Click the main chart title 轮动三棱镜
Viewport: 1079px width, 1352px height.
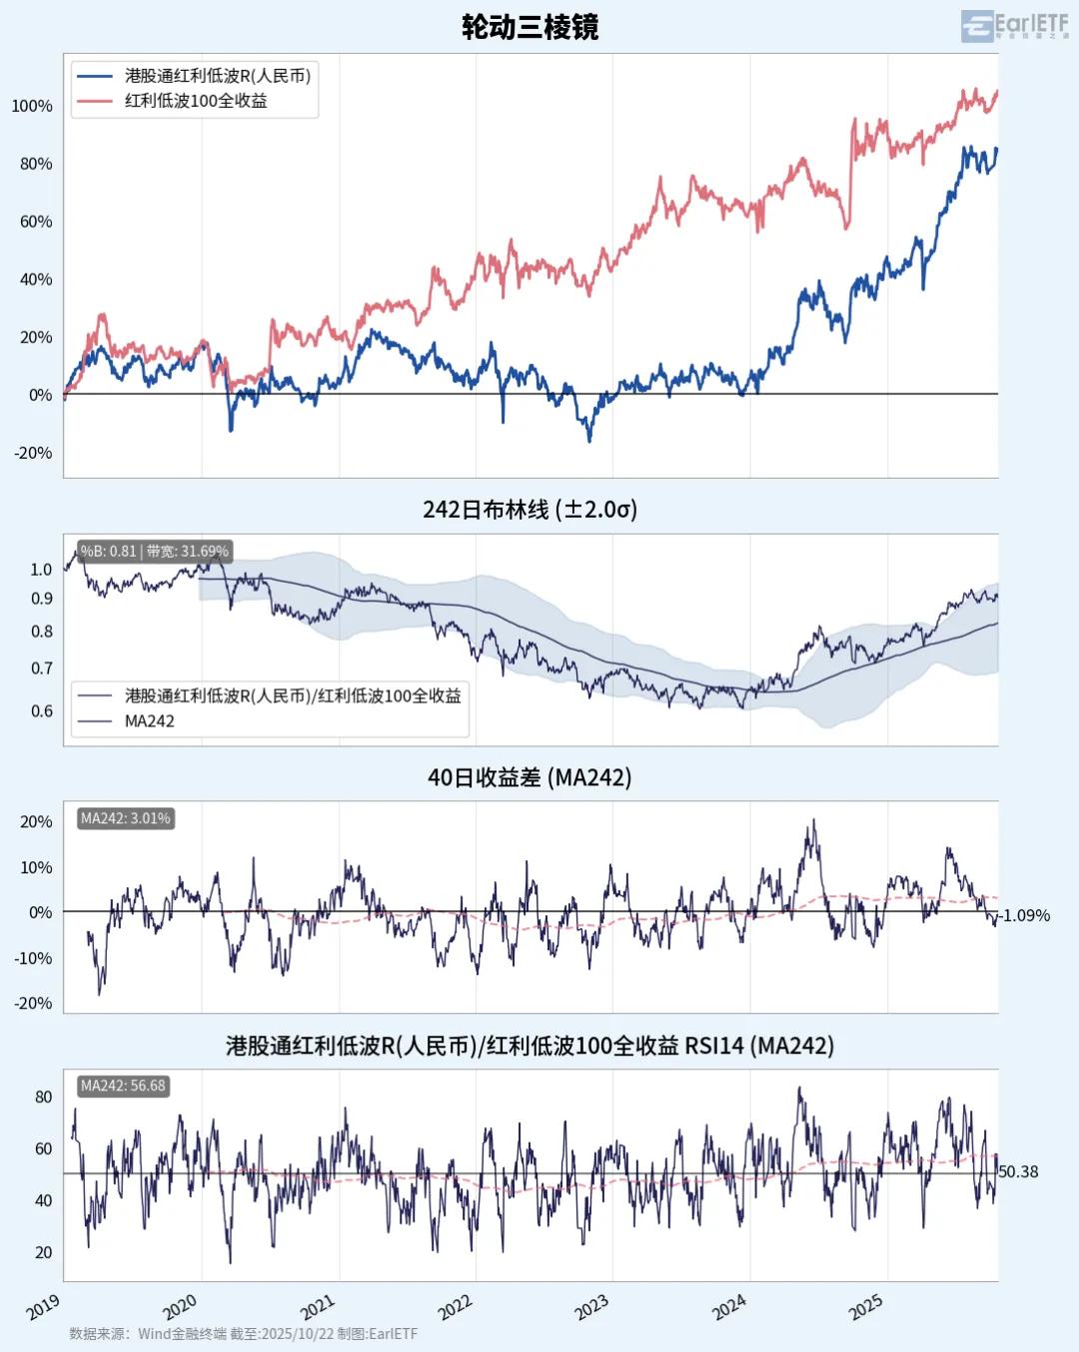pyautogui.click(x=530, y=27)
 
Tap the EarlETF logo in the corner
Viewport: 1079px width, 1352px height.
pyautogui.click(x=1014, y=26)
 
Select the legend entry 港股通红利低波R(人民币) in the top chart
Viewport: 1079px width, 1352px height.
pyautogui.click(x=217, y=76)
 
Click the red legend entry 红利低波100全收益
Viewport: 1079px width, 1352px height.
pyautogui.click(x=196, y=101)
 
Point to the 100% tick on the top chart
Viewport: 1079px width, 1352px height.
pyautogui.click(x=32, y=106)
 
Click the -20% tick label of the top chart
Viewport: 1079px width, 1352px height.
pyautogui.click(x=33, y=453)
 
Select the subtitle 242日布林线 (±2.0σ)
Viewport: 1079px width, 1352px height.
pyautogui.click(x=530, y=510)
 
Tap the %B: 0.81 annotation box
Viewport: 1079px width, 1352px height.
pyautogui.click(x=154, y=551)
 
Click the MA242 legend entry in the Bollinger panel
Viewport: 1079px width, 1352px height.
pyautogui.click(x=149, y=720)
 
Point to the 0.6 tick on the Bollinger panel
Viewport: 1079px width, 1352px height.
pyautogui.click(x=42, y=711)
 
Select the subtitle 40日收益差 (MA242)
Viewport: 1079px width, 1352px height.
pyautogui.click(x=530, y=777)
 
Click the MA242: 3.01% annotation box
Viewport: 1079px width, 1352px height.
pyautogui.click(x=125, y=818)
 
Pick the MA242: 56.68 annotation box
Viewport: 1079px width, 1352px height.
pyautogui.click(x=123, y=1085)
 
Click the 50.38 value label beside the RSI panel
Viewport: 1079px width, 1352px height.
pyautogui.click(x=1019, y=1171)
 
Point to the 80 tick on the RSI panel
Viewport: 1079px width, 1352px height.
pyautogui.click(x=43, y=1096)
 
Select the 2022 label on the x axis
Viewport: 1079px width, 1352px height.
pyautogui.click(x=455, y=1307)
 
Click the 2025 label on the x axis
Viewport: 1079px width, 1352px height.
pyautogui.click(x=865, y=1307)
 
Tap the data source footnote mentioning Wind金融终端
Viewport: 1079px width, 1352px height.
pyautogui.click(x=244, y=1334)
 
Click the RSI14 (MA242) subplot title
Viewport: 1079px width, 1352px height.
pyautogui.click(x=530, y=1045)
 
